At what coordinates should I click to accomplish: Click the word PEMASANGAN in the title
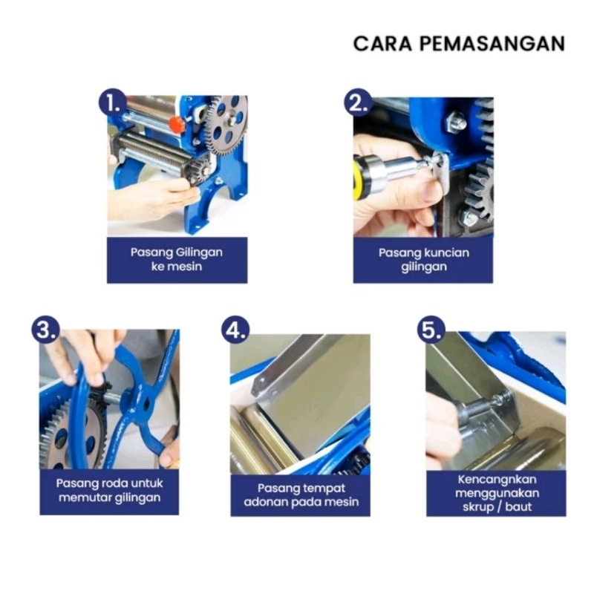[492, 44]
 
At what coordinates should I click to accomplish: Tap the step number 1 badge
[113, 102]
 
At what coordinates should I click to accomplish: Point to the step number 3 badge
[45, 329]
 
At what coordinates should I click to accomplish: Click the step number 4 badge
[235, 330]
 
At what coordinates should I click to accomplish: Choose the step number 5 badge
[431, 329]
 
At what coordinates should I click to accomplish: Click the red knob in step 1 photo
[176, 123]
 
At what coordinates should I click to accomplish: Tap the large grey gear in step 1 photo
[227, 125]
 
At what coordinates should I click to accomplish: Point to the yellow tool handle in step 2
[357, 179]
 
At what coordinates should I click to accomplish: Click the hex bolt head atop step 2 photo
[455, 122]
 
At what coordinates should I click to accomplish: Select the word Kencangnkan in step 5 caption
[497, 480]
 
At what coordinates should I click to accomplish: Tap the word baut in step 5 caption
[518, 507]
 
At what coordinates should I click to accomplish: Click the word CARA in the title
[382, 44]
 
